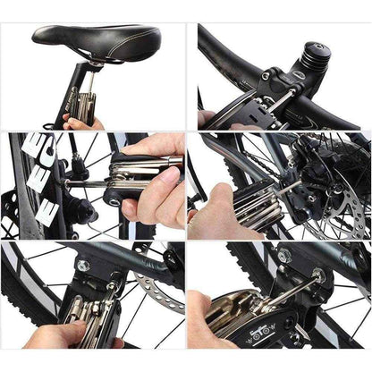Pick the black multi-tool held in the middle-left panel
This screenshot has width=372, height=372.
[134, 179]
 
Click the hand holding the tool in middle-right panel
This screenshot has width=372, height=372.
[215, 215]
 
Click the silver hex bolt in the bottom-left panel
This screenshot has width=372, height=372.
[82, 266]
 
